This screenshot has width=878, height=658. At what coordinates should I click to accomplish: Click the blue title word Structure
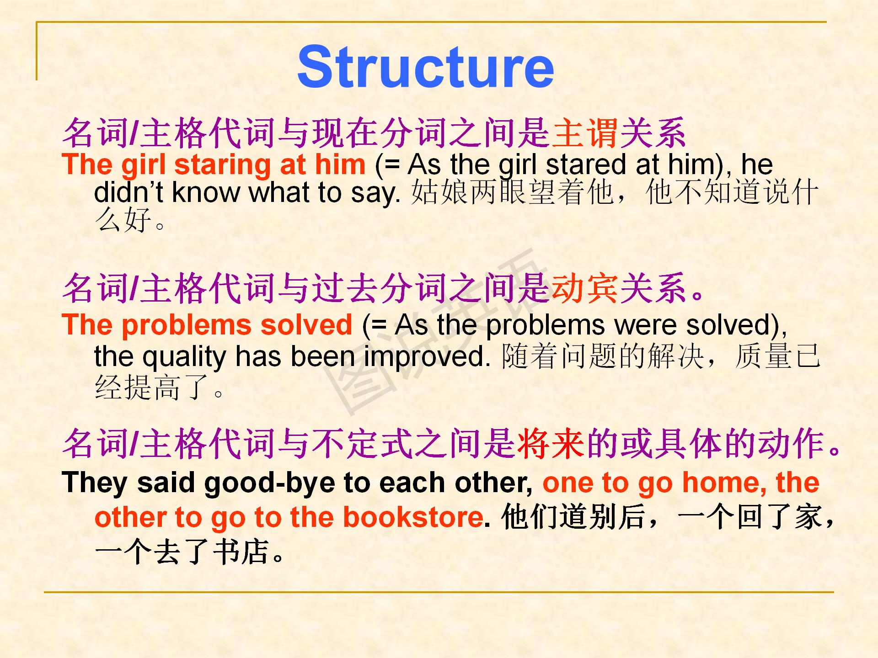tap(426, 67)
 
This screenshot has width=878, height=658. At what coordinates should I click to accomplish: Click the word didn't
tap(128, 192)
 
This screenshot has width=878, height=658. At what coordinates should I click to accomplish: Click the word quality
tap(184, 358)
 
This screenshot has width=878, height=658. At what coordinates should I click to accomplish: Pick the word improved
tap(427, 358)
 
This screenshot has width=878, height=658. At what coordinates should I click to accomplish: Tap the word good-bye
tap(270, 483)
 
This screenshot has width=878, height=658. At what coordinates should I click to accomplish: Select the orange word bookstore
tap(413, 517)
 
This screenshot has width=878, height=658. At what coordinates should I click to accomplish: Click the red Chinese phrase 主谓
tap(585, 133)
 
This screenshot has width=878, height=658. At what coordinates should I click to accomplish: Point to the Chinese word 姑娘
tap(439, 192)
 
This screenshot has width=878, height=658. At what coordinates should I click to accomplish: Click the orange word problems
tap(187, 326)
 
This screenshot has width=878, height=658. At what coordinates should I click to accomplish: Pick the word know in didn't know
tap(206, 192)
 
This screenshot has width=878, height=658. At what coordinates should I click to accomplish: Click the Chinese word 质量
tap(764, 357)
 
